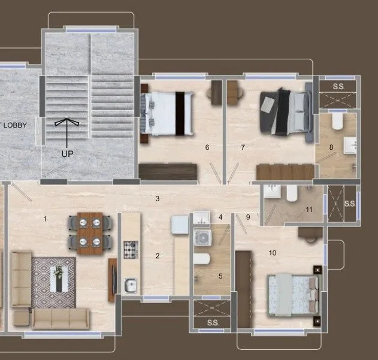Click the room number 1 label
point(44,219)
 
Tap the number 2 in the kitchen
point(158,256)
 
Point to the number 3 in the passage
point(157,198)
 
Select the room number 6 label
point(207,147)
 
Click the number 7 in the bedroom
point(243,147)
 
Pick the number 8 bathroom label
point(331,147)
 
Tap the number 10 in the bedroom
point(273,253)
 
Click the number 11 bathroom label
point(309,210)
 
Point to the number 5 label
point(220,276)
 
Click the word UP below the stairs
point(67,153)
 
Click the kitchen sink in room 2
point(131,285)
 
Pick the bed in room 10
point(292,295)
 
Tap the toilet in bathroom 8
point(337,123)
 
